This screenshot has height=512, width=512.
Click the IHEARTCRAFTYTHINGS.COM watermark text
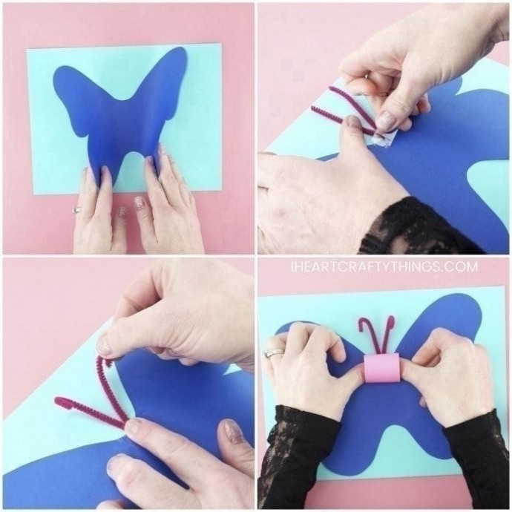[x=384, y=267]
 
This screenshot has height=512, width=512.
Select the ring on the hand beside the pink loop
[x=273, y=352]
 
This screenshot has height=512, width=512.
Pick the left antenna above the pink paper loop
[x=370, y=336]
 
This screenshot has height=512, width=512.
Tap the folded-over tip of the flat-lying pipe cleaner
[x=60, y=400]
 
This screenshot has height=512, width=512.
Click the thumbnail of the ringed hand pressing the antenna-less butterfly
[x=122, y=211]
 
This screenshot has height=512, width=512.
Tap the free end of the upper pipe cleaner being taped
[x=330, y=88]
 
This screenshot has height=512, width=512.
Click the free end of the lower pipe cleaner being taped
[x=314, y=108]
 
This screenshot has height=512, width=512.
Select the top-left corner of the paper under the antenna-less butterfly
[x=27, y=50]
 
